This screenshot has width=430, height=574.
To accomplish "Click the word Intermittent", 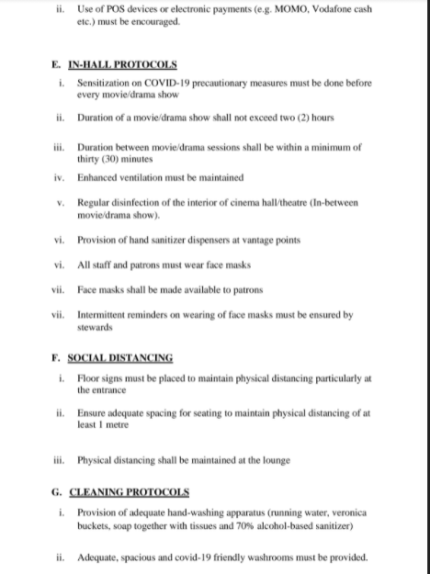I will point(106,315).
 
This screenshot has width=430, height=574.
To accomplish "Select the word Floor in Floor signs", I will point(89,377).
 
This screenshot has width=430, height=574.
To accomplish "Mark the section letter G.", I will point(56,491).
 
